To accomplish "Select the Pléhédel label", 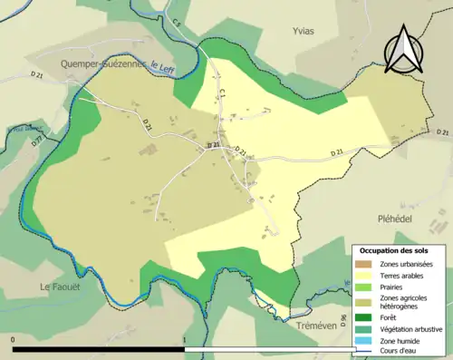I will point(395,219).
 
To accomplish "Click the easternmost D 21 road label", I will point(337,153).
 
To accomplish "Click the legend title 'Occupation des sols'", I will point(394,250).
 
